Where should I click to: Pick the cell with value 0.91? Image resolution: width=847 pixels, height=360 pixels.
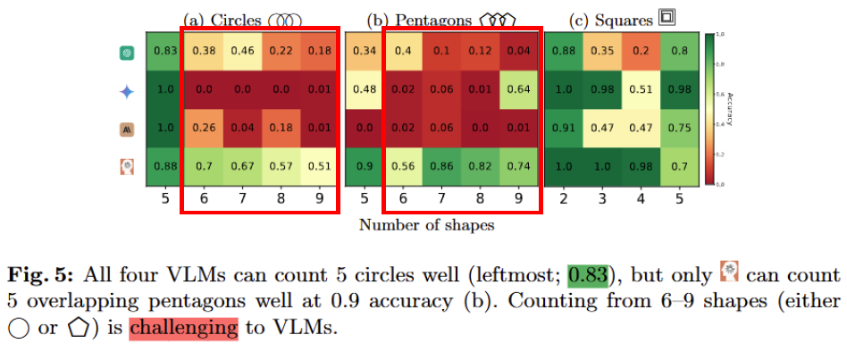pos(564,128)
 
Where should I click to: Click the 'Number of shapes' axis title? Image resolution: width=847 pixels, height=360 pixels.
pos(426,225)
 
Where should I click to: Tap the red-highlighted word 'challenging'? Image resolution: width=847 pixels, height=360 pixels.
pos(183,328)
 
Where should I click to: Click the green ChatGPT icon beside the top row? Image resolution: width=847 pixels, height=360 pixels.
pos(126,53)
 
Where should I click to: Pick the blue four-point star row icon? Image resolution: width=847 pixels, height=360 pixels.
pos(126,91)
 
